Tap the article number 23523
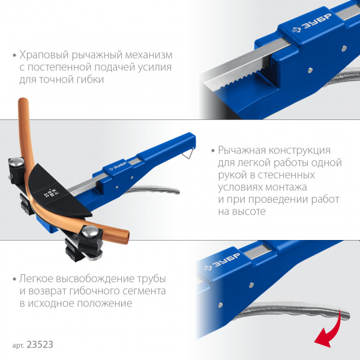(x=40, y=344)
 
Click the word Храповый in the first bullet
(x=44, y=55)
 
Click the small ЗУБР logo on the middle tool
(x=118, y=166)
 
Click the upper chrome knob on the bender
(x=17, y=161)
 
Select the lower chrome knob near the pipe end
(x=90, y=231)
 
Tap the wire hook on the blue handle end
(x=188, y=152)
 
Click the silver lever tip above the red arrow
(x=344, y=314)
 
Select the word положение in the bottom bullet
(x=104, y=303)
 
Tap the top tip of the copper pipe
(x=23, y=100)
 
